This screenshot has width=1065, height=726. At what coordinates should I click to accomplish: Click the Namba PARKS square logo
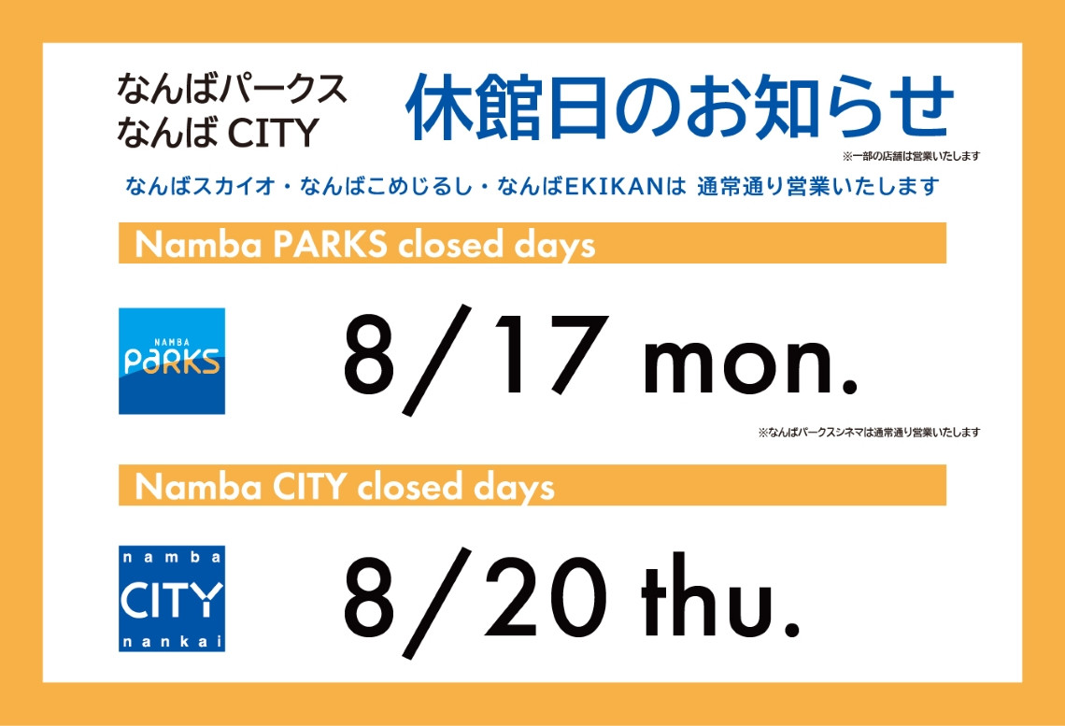point(172,362)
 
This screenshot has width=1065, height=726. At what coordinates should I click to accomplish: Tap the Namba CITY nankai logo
point(172,598)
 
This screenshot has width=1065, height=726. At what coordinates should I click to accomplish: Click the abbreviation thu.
point(720,596)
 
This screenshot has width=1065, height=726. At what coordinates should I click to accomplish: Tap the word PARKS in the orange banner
point(330,244)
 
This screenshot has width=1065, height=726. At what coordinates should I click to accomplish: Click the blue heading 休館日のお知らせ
point(679,107)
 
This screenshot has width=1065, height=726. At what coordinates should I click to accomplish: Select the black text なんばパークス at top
point(232,90)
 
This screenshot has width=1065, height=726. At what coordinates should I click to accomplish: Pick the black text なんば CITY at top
point(218,132)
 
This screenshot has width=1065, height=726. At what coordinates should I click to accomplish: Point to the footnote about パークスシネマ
point(870,432)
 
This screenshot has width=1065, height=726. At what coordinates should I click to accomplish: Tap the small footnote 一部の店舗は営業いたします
point(912,156)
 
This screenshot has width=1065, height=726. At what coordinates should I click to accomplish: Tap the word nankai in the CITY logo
point(172,641)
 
